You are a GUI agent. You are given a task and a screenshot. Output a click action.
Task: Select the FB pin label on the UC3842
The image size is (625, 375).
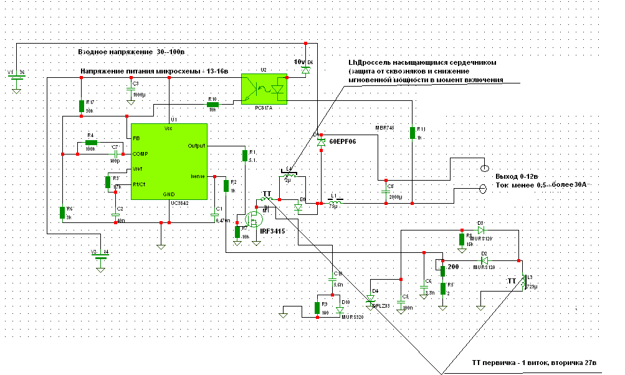pos(135,137)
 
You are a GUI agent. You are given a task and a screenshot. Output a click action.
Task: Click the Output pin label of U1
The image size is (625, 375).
pos(197,146)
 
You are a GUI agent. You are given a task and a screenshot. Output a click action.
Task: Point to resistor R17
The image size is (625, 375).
pos(82,107)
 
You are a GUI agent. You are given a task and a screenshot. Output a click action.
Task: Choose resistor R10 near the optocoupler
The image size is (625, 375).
pos(213,103)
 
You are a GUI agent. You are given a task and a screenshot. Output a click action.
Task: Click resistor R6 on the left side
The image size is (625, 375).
pos(62,213)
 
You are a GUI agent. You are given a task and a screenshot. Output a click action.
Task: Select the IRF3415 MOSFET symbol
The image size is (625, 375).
pos(253,219)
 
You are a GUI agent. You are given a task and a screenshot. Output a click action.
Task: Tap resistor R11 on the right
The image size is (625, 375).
pos(413,133)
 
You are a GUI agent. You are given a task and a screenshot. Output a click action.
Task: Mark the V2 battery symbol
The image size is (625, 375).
pos(98,257)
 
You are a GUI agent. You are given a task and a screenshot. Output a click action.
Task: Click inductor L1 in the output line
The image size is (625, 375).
pos(335,201)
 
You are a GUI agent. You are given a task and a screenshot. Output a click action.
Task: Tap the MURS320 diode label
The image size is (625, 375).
pos(352,317)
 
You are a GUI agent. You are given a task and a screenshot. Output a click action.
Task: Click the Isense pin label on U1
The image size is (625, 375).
pos(198,176)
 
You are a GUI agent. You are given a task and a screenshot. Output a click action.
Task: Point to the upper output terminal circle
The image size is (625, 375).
pos(484,169)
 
